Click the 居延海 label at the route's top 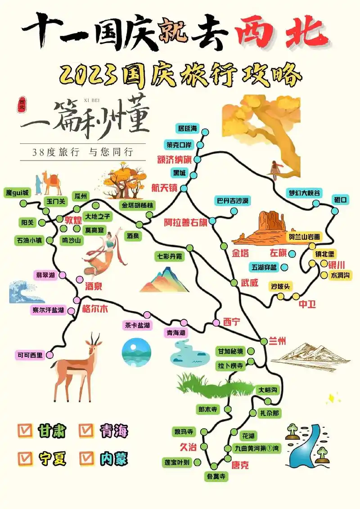click(188, 129)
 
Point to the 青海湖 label click(176, 333)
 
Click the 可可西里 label click(30, 355)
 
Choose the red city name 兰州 click(276, 341)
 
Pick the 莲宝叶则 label click(177, 462)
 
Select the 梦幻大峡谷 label click(305, 193)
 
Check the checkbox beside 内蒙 click(87, 458)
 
